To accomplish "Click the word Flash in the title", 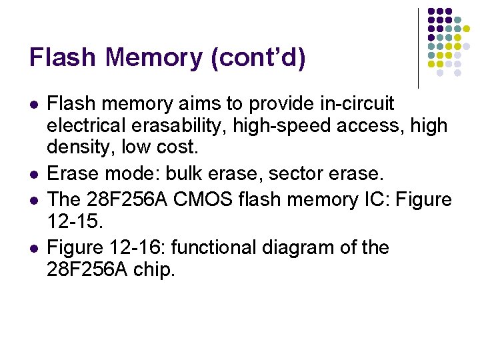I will click(x=62, y=57).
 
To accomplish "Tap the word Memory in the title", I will click(x=153, y=57).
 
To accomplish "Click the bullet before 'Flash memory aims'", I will click(x=34, y=105).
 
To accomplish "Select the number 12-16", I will click(x=141, y=248).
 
